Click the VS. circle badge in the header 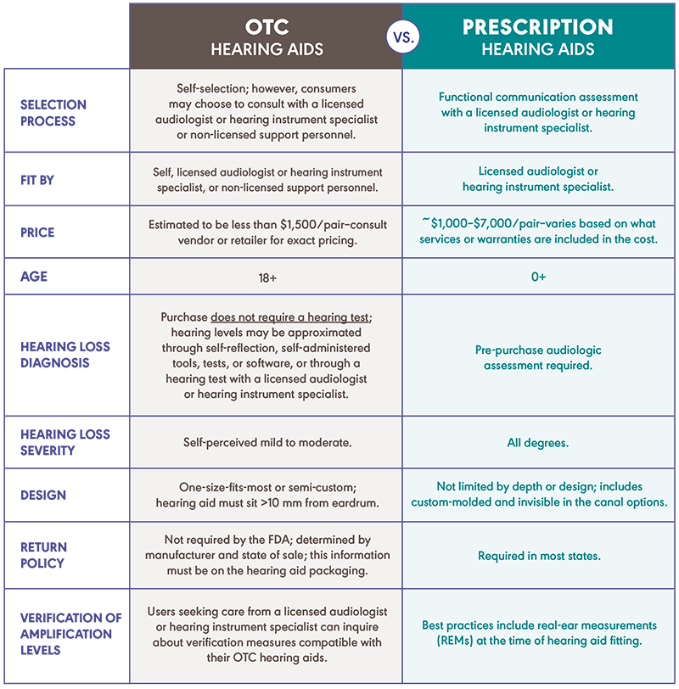401,36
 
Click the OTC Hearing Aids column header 267,36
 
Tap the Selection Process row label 53,112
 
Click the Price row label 38,232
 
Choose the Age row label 35,276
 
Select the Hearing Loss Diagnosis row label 65,355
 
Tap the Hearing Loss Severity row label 65,442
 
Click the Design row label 43,495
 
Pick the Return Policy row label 44,555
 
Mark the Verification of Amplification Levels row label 71,634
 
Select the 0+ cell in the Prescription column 537,277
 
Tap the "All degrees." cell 537,442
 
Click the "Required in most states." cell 537,555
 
